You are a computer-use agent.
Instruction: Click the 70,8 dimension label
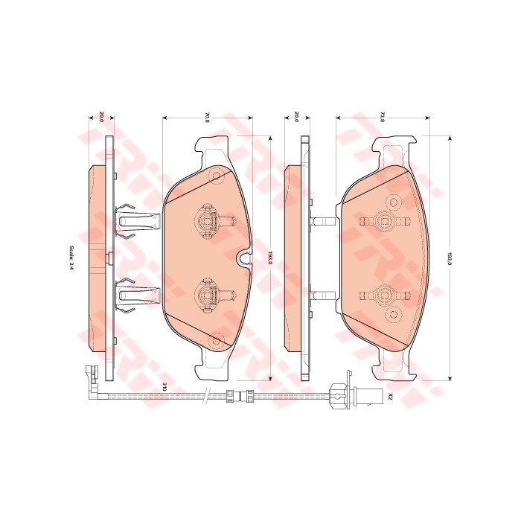click(x=208, y=118)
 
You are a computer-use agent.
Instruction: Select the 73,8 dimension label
click(x=383, y=118)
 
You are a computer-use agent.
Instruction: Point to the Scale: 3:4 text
click(x=71, y=257)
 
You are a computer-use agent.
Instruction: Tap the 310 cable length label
click(x=164, y=386)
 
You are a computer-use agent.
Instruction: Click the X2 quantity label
click(x=391, y=396)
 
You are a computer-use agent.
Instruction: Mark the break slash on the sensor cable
click(x=207, y=396)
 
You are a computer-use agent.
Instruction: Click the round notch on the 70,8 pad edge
click(x=244, y=257)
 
